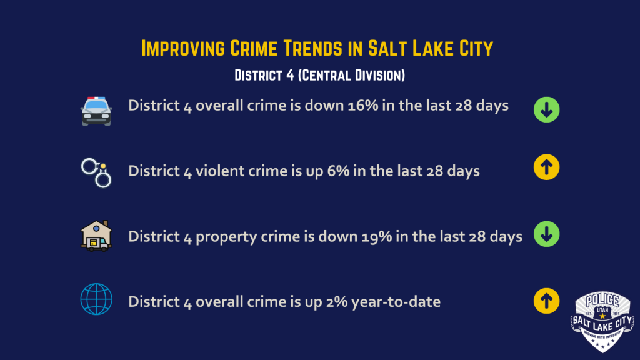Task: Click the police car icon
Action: pyautogui.click(x=96, y=111)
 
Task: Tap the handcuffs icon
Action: pyautogui.click(x=96, y=172)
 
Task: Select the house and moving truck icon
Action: pyautogui.click(x=96, y=236)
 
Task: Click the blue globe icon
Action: pyautogui.click(x=96, y=299)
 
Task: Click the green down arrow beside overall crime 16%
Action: pyautogui.click(x=546, y=109)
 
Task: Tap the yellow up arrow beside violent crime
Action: pyautogui.click(x=546, y=167)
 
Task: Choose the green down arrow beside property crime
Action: pyautogui.click(x=546, y=234)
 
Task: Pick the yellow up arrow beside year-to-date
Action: pyautogui.click(x=546, y=301)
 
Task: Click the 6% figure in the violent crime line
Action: pyautogui.click(x=338, y=171)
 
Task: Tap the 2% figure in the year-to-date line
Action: pyautogui.click(x=336, y=302)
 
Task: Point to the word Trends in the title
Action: pyautogui.click(x=313, y=48)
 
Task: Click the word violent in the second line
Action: pyautogui.click(x=220, y=171)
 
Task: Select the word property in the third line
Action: pyautogui.click(x=226, y=237)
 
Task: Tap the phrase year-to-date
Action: pyautogui.click(x=396, y=302)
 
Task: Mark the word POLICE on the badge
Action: pyautogui.click(x=602, y=301)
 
